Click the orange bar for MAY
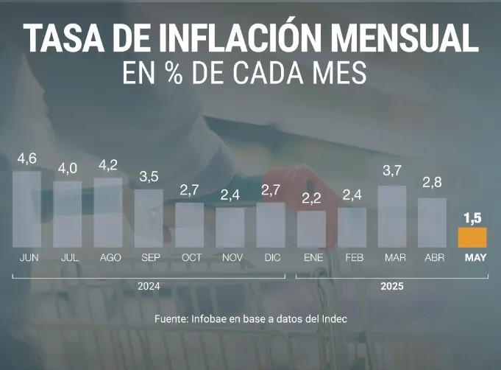point(472,237)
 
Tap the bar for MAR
point(391,216)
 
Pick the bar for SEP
point(149,218)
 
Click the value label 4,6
point(27,158)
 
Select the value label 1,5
point(472,217)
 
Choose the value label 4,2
point(108,165)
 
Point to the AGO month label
point(110,258)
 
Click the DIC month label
point(272,258)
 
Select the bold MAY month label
point(473,258)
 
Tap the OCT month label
point(191,258)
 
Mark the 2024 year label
point(149,285)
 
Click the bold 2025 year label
point(391,285)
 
